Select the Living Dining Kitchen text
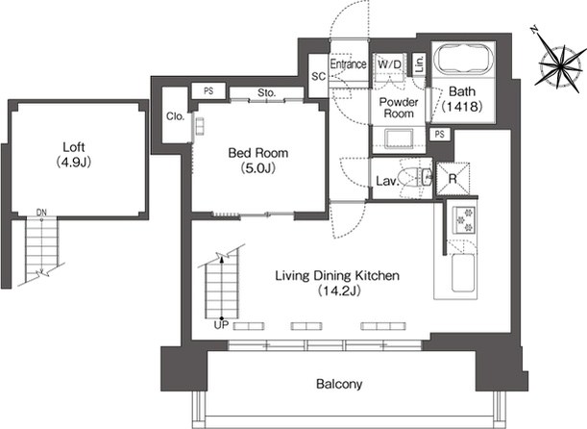[x=337, y=276]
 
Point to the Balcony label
[x=339, y=384]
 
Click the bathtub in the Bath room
[x=463, y=60]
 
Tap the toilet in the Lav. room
[x=415, y=178]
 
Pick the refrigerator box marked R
[x=452, y=179]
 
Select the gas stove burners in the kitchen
[x=463, y=219]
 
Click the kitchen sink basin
[x=464, y=272]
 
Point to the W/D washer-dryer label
[x=389, y=64]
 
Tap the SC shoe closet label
[x=319, y=76]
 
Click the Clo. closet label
[x=175, y=116]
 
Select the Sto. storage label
[x=266, y=92]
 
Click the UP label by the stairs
[x=221, y=325]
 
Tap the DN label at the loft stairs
[x=41, y=213]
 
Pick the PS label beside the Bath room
[x=440, y=134]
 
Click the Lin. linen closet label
[x=419, y=63]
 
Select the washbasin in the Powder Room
[x=399, y=139]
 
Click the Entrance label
[x=348, y=64]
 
